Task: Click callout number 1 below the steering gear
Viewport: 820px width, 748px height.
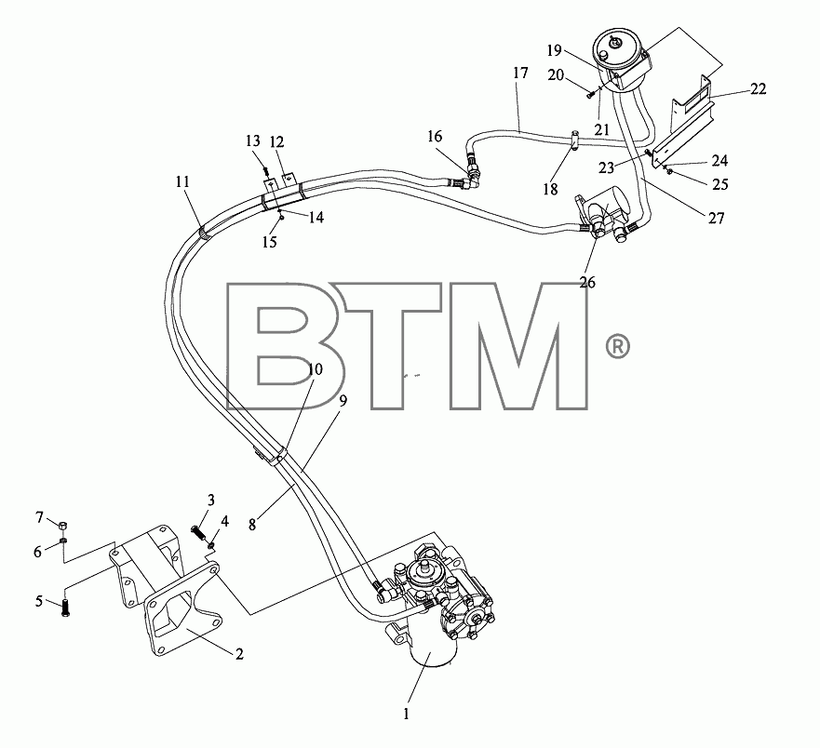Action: tap(407, 714)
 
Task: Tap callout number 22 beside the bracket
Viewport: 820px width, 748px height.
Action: tap(758, 89)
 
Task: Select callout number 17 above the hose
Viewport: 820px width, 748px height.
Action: tap(520, 73)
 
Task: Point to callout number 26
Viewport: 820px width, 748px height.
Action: tap(587, 282)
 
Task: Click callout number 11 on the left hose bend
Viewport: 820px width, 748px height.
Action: tap(182, 182)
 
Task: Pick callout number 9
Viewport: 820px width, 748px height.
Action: tap(343, 401)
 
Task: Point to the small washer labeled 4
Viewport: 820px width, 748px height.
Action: tap(212, 546)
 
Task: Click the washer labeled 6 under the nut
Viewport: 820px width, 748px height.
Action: tap(62, 540)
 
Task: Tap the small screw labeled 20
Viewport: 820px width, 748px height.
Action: tap(591, 95)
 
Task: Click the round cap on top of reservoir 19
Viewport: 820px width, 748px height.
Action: tap(613, 41)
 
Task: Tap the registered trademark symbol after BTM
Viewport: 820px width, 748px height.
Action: tap(618, 347)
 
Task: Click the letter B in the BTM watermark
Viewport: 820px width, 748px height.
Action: tap(286, 345)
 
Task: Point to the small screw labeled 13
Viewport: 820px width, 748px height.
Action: tap(266, 170)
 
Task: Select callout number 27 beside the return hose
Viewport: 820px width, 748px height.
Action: tap(716, 218)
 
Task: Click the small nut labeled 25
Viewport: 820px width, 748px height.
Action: tap(670, 171)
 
